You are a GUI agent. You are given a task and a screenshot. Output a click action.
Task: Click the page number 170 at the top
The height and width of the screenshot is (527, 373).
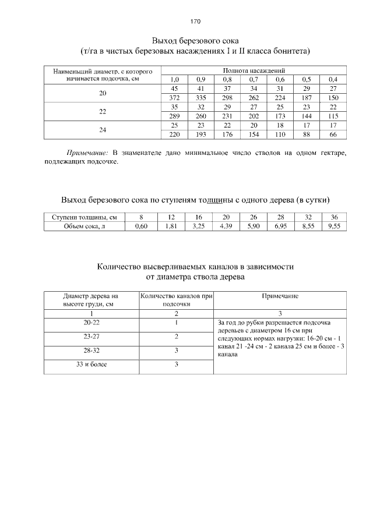(195, 22)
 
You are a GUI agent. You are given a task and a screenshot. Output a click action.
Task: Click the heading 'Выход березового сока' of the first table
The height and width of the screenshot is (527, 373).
(195, 41)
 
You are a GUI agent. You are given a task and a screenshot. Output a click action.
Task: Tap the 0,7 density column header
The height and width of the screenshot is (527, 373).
(254, 79)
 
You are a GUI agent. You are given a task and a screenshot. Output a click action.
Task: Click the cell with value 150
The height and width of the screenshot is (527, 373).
(333, 97)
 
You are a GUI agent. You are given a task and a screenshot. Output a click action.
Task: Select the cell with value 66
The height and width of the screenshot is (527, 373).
(333, 135)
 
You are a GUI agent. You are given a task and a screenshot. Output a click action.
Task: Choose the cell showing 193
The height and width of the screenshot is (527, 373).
(201, 135)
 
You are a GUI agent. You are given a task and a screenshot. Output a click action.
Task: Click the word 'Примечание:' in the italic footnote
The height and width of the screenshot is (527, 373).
(87, 153)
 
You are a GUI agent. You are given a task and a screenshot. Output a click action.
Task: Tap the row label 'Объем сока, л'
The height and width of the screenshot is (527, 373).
(85, 227)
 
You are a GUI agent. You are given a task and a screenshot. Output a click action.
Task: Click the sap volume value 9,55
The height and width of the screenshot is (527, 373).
(334, 227)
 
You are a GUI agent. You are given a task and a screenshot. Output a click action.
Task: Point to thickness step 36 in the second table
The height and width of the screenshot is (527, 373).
(334, 217)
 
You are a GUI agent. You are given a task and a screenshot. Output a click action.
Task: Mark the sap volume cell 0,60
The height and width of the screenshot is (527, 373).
(141, 227)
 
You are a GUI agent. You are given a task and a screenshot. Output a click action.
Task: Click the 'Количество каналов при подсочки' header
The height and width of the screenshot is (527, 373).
(176, 300)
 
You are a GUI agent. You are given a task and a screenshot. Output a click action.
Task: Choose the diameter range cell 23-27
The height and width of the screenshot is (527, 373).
(90, 337)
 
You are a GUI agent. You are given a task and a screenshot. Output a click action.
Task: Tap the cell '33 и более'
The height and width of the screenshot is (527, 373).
(90, 365)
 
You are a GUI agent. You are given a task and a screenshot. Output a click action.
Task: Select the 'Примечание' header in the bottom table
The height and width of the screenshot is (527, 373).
(280, 296)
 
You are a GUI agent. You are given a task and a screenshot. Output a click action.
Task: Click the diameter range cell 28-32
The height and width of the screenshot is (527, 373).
(90, 351)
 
